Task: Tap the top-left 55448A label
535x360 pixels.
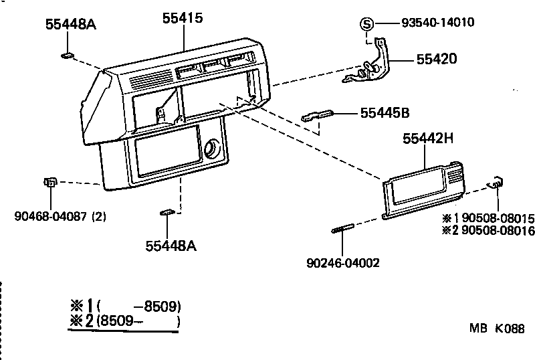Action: [x=71, y=24]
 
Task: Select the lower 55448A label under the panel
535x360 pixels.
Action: [x=171, y=246]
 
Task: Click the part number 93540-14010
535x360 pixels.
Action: [x=438, y=22]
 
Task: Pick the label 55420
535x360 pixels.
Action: [x=436, y=59]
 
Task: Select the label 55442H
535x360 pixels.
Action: [x=428, y=139]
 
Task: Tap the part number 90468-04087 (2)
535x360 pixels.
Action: [x=60, y=216]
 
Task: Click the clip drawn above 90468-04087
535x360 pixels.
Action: [x=49, y=182]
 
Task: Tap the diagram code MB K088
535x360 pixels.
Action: [x=497, y=329]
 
